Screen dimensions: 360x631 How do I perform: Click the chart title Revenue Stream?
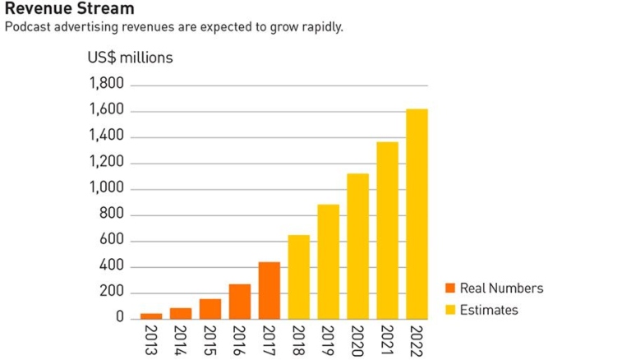click(69, 9)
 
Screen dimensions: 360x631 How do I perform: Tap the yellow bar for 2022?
click(417, 214)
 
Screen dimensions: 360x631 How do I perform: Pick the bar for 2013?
click(151, 316)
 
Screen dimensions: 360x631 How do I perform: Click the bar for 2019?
click(328, 261)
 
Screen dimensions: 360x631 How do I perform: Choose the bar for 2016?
click(240, 302)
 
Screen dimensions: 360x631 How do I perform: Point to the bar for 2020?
click(357, 246)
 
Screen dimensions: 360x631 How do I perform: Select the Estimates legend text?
click(489, 310)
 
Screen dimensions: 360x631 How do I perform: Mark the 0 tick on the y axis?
click(119, 317)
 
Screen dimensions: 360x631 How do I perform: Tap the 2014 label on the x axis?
click(181, 339)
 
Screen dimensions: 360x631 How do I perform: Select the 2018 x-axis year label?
click(299, 339)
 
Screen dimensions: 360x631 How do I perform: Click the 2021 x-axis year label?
click(387, 339)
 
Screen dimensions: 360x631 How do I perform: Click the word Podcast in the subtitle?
click(27, 27)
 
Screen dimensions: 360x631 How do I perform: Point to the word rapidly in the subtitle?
click(320, 27)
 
